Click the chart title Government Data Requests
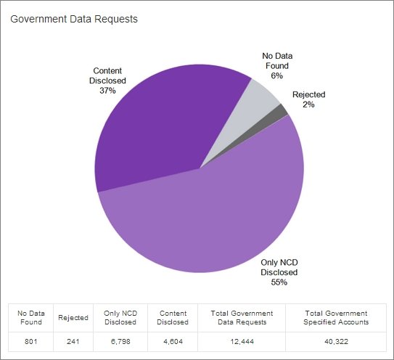(74, 19)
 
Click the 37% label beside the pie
(107, 91)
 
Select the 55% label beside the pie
(279, 282)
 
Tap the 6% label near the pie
(276, 75)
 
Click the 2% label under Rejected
(308, 105)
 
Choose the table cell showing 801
(31, 341)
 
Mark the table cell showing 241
(73, 341)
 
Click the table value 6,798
(120, 341)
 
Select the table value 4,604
(173, 341)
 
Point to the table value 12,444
(242, 341)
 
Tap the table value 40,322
(336, 341)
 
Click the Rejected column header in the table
(73, 317)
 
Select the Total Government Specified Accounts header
(336, 317)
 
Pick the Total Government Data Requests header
(242, 317)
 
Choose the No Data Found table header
(31, 317)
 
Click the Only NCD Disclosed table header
(120, 317)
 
